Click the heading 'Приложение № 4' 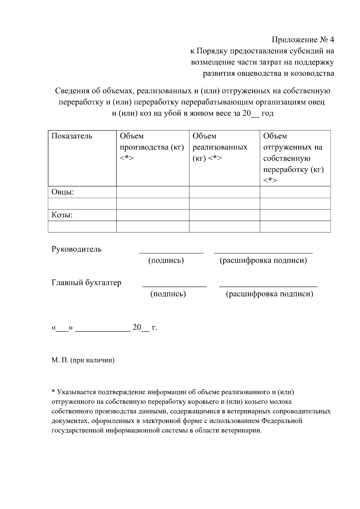303,40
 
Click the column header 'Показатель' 72,136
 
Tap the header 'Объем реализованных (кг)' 220,147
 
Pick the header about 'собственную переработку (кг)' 293,158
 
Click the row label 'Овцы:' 63,192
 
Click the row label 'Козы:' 62,215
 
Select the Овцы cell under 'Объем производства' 153,192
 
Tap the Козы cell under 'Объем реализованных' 224,215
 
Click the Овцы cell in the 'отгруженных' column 295,192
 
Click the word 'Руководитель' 76,249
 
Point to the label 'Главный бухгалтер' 86,283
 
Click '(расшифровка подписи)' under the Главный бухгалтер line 269,294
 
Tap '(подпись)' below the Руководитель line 166,260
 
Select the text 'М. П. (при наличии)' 83,360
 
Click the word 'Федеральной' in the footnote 282,421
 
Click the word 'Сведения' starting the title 71,91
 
